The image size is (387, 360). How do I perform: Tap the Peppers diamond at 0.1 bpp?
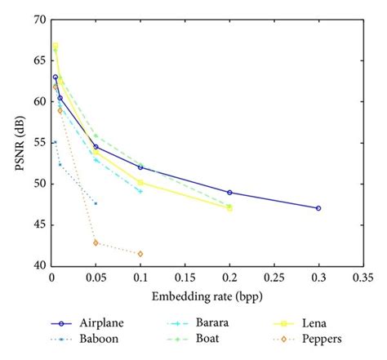[x=140, y=254]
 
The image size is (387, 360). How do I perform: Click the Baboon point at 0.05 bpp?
[x=96, y=203]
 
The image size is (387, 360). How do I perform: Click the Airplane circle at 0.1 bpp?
[x=140, y=167]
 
